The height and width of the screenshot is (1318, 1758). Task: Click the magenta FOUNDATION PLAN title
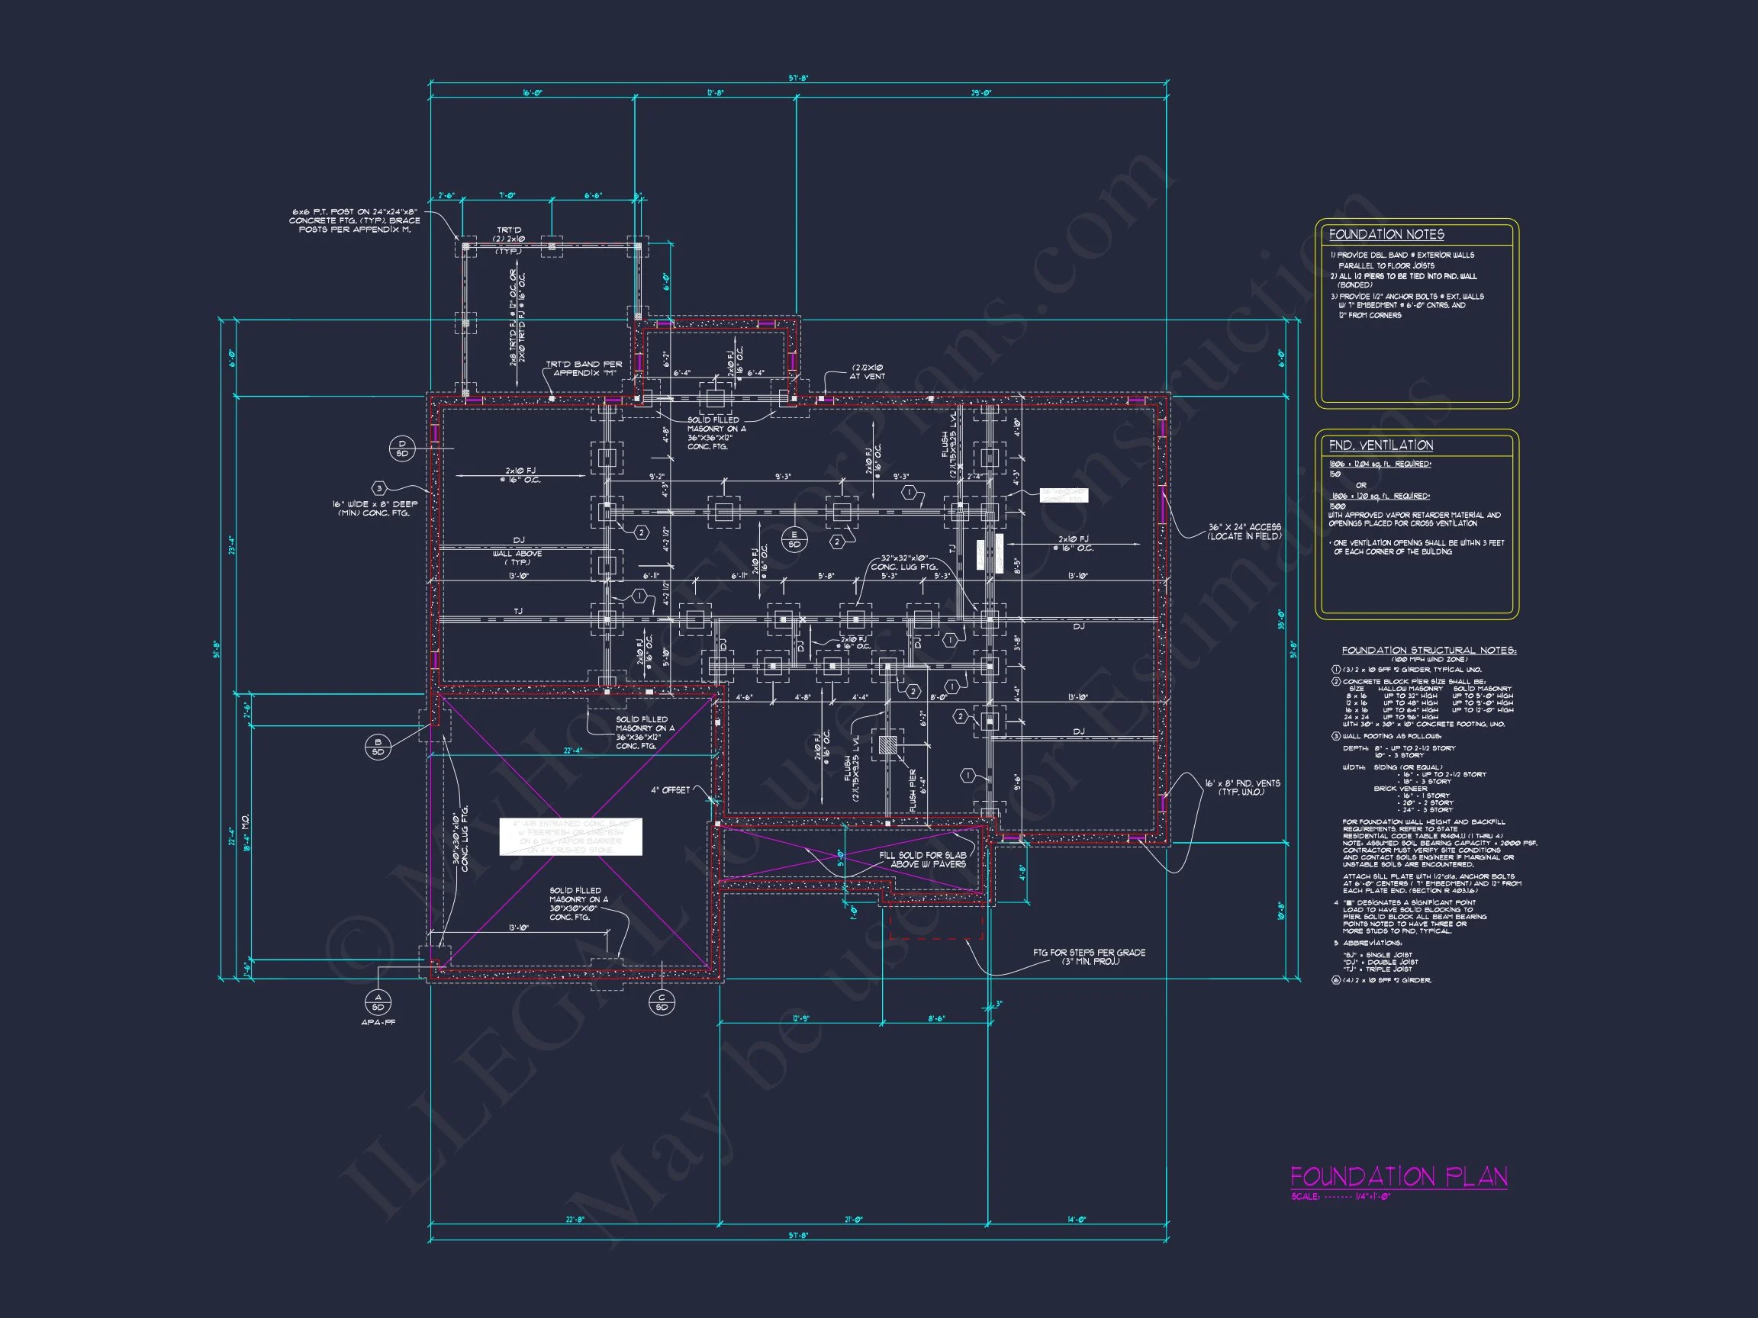click(1398, 1177)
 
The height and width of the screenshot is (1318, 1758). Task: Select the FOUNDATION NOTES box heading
click(1386, 234)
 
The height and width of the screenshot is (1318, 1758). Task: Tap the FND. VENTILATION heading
click(1380, 445)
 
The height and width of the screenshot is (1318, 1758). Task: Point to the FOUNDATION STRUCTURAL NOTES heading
click(1428, 650)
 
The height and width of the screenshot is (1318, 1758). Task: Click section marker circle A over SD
click(378, 1001)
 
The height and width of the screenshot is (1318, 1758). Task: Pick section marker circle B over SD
click(378, 747)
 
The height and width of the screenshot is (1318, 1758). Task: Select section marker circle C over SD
click(662, 1001)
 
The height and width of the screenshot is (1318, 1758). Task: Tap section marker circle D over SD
click(402, 448)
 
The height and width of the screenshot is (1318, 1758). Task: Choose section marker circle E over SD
click(794, 539)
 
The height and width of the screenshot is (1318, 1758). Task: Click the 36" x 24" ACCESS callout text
click(1244, 532)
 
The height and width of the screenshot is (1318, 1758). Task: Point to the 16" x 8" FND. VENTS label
click(1242, 787)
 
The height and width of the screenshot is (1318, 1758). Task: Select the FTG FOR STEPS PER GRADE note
click(1089, 956)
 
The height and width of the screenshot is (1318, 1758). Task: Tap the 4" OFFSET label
click(670, 789)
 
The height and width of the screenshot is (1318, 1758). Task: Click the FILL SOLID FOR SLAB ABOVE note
click(922, 860)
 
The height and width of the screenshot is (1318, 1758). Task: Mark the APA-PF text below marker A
click(378, 1023)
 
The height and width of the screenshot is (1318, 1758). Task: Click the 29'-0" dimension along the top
click(980, 94)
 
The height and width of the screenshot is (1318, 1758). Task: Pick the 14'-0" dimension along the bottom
click(1076, 1219)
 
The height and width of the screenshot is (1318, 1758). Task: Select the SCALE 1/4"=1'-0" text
click(1341, 1197)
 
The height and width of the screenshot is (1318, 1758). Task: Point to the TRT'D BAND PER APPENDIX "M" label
click(584, 368)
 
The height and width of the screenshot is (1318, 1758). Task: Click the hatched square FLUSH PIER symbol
click(887, 744)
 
